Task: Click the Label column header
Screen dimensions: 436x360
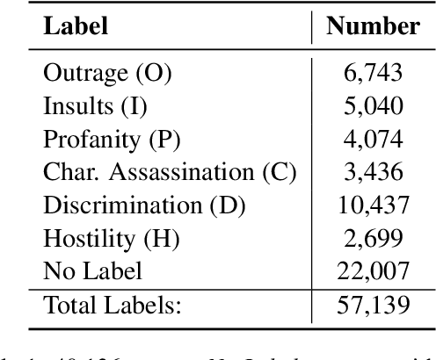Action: coord(76,25)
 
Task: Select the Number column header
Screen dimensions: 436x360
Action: coord(373,25)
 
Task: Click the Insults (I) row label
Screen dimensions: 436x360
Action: coord(95,106)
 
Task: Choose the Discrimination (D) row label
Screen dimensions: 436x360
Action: coord(144,205)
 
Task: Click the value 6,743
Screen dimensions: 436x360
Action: coord(373,74)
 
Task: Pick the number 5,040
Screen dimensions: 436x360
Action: coord(373,106)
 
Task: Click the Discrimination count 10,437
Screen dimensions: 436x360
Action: coord(373,205)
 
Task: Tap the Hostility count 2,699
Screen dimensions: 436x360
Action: coord(373,239)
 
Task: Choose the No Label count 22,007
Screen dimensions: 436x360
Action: coord(373,271)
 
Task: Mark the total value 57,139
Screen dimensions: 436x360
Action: coord(373,305)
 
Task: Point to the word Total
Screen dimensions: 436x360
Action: coord(68,305)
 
